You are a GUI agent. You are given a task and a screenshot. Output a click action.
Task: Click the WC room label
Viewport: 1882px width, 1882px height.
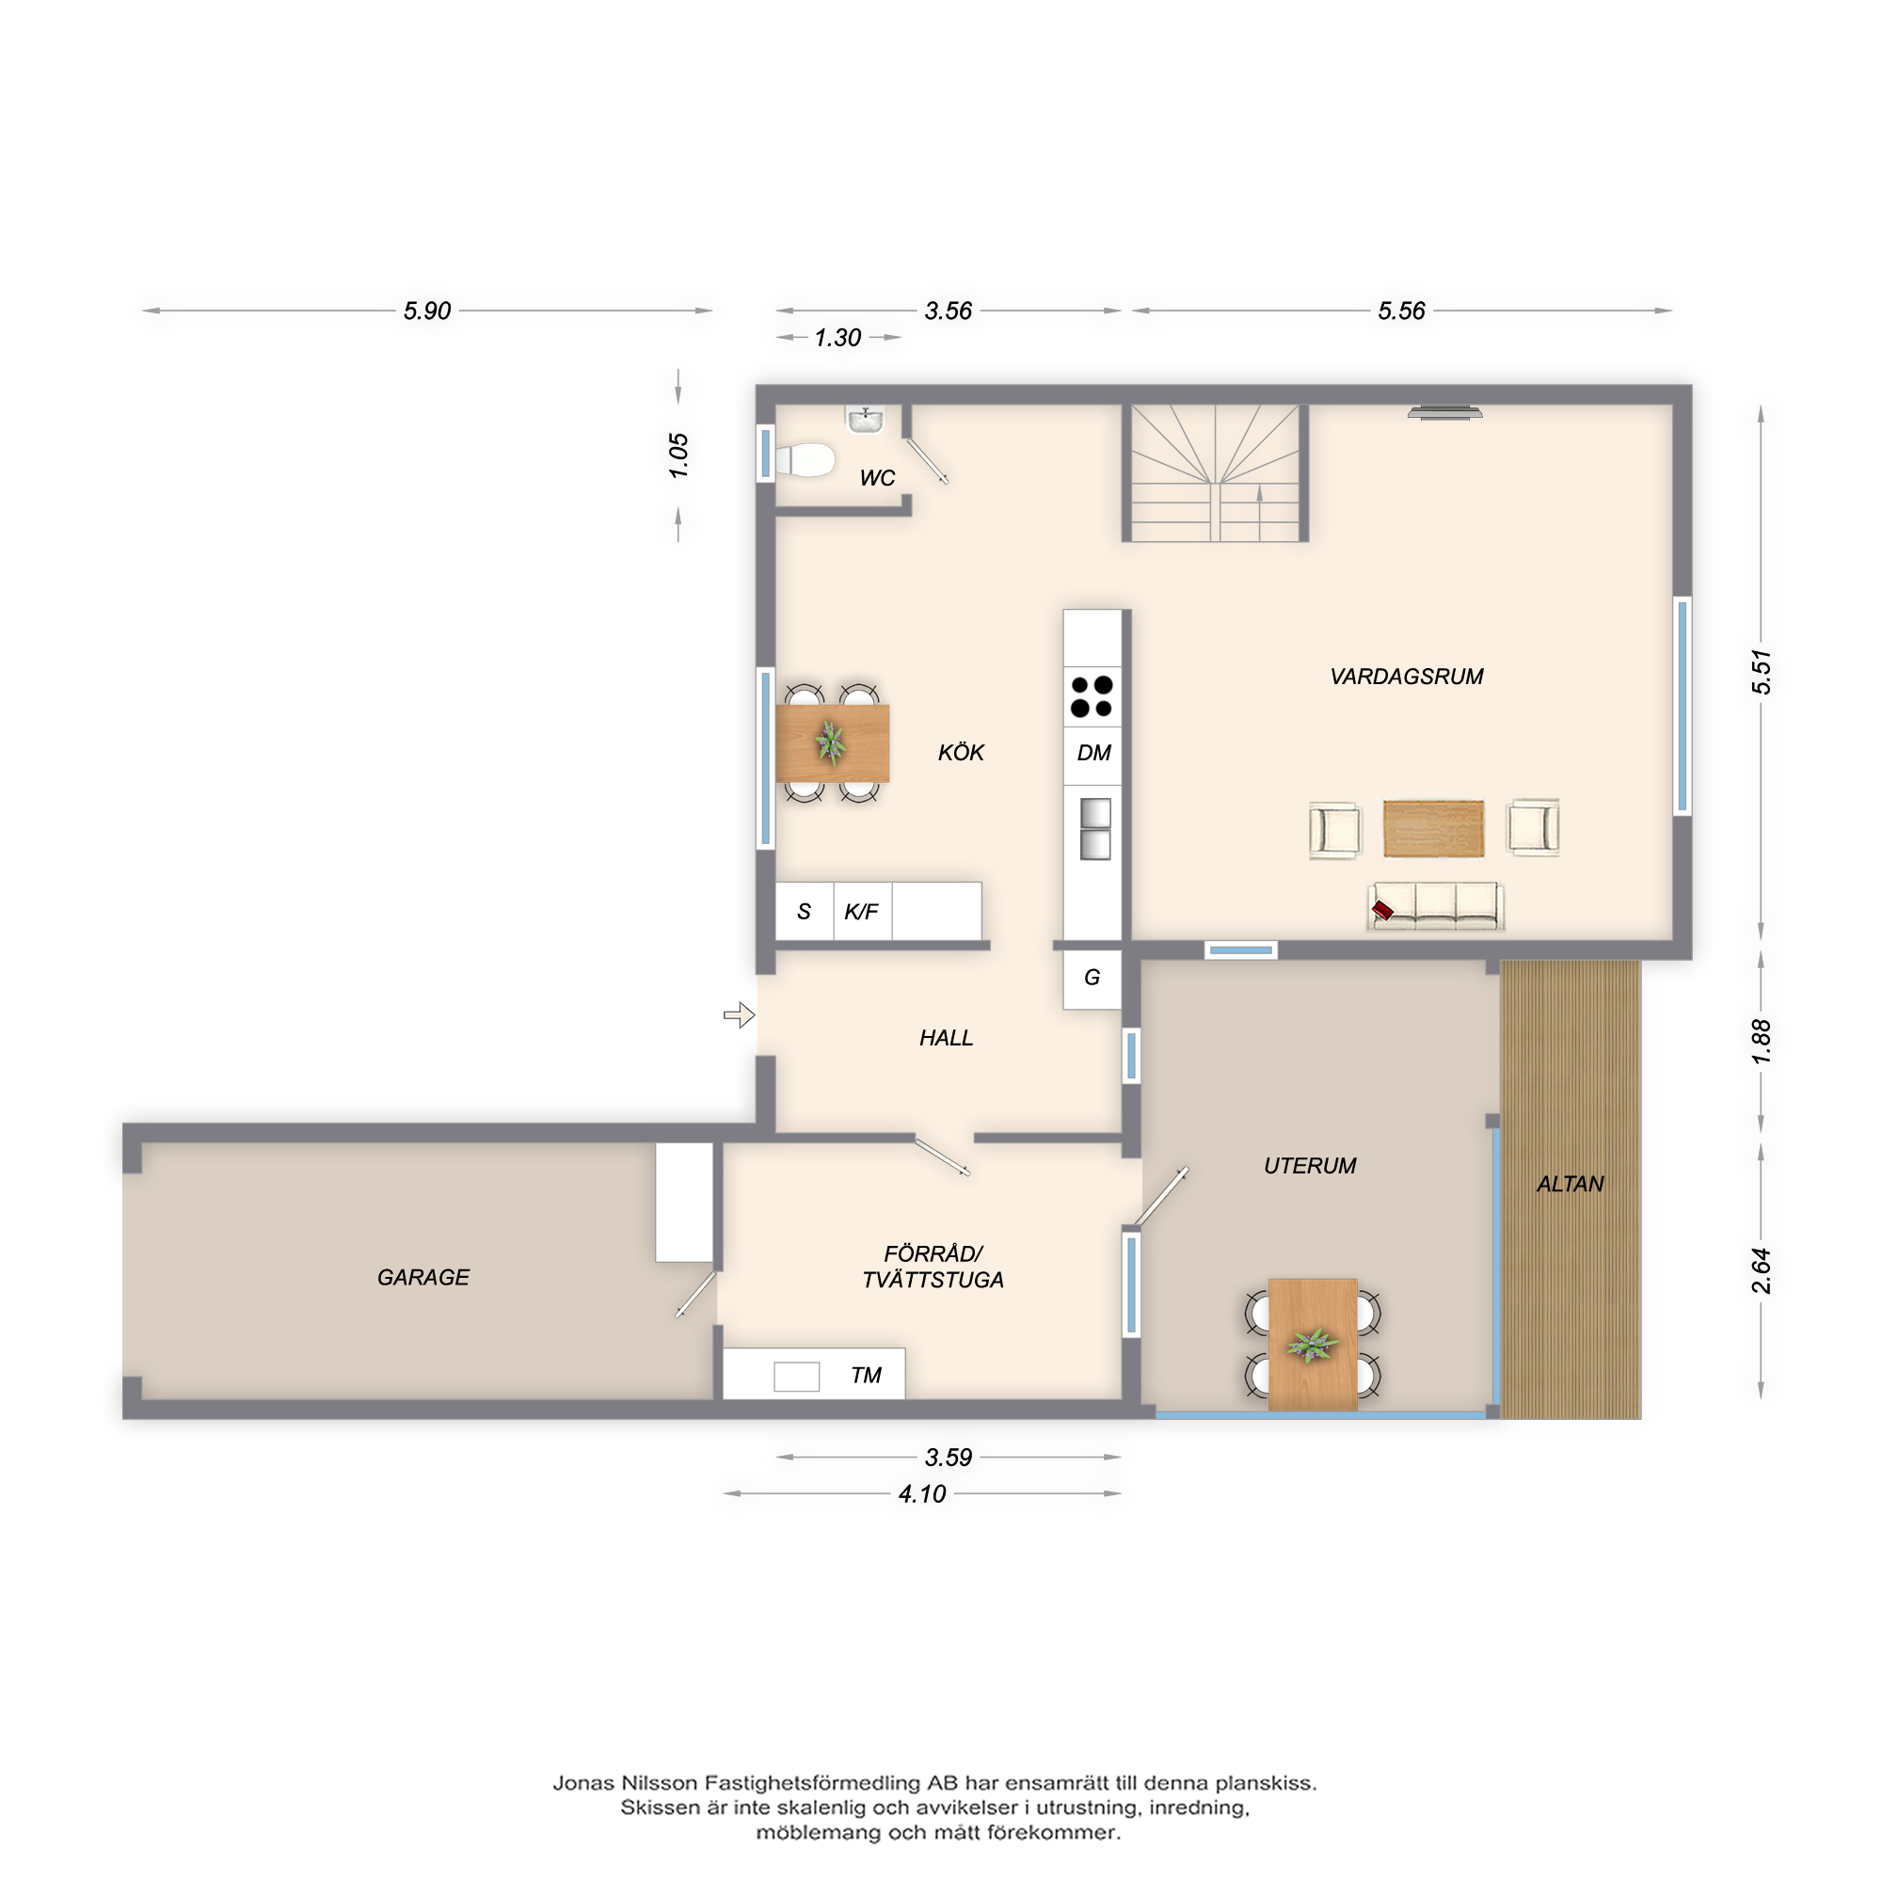coord(877,478)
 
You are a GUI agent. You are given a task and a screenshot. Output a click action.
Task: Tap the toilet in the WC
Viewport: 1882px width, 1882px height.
coord(805,461)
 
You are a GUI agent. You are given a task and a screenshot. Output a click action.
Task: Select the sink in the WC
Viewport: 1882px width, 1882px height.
coord(865,420)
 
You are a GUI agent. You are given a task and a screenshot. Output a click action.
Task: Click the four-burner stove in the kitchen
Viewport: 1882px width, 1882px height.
coord(1091,696)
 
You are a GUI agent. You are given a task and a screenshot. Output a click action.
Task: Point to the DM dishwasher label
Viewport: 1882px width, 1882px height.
coord(1094,753)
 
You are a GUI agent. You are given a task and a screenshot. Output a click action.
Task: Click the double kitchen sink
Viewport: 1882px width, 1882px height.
coord(1095,829)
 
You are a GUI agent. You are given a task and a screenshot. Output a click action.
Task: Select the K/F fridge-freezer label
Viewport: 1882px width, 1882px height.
coord(861,912)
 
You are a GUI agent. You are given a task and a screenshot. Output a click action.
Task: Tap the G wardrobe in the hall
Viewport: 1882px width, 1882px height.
coord(1092,978)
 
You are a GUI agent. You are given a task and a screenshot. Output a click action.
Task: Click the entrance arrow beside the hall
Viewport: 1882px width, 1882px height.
coord(740,1015)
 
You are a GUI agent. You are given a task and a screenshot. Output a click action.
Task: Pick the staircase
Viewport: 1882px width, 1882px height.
coord(1215,472)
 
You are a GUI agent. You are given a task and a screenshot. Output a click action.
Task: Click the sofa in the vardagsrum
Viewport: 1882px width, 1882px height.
coord(1435,906)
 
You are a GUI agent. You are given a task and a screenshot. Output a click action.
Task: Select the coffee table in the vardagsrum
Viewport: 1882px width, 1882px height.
coord(1433,828)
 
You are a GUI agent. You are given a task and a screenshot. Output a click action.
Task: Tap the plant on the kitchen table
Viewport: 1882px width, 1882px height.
coord(831,742)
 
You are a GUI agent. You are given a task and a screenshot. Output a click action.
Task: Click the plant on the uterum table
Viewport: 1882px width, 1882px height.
coord(1312,1346)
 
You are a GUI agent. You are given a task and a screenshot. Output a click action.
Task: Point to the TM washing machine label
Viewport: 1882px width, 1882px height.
coord(865,1376)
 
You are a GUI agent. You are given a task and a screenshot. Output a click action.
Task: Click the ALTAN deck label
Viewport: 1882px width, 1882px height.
coord(1570,1185)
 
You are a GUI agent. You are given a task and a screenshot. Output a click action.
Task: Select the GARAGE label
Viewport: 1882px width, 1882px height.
coord(423,1277)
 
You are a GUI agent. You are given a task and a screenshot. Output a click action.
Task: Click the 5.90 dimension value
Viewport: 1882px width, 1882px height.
coord(426,311)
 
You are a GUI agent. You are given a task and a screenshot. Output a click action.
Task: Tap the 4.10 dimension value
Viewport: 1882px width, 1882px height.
coord(921,1494)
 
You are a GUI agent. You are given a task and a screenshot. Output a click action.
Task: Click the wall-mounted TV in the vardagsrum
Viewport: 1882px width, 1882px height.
coord(1444,413)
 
